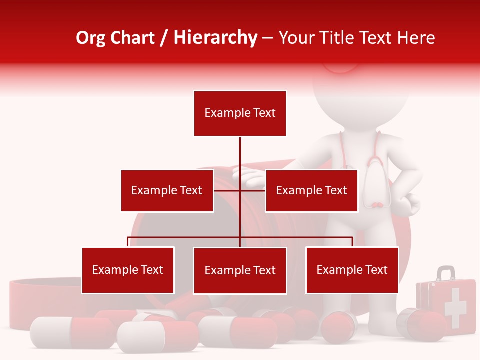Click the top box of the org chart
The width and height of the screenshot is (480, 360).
240,113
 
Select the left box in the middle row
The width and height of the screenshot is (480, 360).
167,190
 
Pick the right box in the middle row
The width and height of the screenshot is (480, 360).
311,190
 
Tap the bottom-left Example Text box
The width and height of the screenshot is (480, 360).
128,270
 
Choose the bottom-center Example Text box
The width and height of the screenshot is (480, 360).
240,270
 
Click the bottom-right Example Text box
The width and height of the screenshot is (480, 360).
352,270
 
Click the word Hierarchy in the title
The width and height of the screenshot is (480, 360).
215,38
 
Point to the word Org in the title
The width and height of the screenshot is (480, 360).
90,38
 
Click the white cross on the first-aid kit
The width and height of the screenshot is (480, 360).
455,306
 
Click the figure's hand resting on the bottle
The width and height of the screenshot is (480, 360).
250,174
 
